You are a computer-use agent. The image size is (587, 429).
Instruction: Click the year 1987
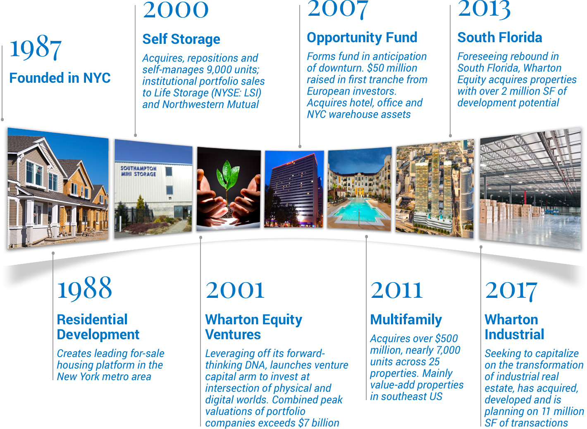point(36,48)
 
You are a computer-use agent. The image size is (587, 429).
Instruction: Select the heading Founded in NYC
point(60,78)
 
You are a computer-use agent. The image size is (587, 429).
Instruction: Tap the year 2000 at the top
point(176,10)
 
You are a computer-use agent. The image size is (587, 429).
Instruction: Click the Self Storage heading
point(181,39)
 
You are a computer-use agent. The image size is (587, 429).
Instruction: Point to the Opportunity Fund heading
point(362,38)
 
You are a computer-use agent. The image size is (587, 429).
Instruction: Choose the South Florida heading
point(499,38)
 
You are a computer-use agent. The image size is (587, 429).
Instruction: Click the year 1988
point(85,288)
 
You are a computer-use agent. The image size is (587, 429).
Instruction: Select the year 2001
point(235,290)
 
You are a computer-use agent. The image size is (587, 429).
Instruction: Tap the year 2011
point(396,290)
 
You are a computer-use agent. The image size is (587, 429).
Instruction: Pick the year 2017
point(511,292)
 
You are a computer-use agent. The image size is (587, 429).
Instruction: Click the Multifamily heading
point(406,320)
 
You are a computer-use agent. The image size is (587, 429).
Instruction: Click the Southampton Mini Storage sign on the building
point(138,171)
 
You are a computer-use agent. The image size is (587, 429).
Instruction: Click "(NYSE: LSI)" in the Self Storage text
point(236,93)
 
